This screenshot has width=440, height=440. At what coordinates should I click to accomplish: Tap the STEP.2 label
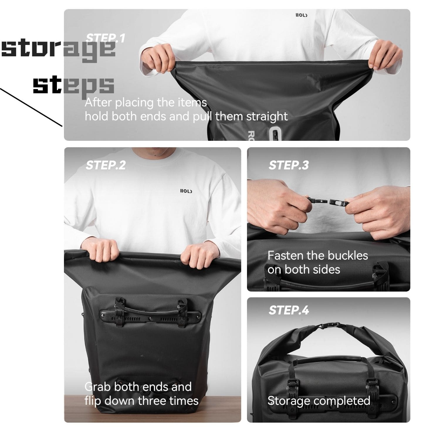pyautogui.click(x=106, y=165)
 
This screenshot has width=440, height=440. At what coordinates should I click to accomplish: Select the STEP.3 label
pyautogui.click(x=289, y=165)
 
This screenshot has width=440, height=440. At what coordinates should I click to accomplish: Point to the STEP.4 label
pyautogui.click(x=289, y=310)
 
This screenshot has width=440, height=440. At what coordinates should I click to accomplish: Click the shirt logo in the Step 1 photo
pyautogui.click(x=301, y=15)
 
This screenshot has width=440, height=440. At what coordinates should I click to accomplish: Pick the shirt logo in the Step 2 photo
pyautogui.click(x=186, y=191)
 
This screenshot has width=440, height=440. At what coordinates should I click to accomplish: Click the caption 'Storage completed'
pyautogui.click(x=319, y=401)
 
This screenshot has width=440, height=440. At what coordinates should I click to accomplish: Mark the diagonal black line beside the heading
pyautogui.click(x=31, y=107)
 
